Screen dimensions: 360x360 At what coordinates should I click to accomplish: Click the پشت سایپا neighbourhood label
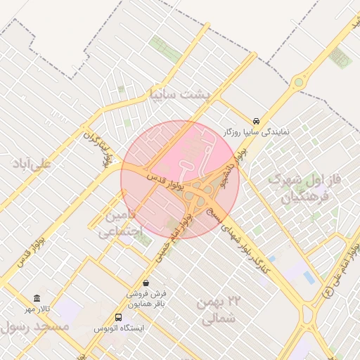180,94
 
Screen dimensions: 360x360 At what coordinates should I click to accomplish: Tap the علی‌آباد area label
31,163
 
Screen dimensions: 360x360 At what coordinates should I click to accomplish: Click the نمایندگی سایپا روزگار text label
257,131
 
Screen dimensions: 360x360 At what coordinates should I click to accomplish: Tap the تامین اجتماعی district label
123,222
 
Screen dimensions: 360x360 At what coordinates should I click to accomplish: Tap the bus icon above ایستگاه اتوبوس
118,317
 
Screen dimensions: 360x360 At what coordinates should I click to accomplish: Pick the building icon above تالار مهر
37,298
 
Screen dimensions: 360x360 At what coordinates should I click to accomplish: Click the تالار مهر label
37,309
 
